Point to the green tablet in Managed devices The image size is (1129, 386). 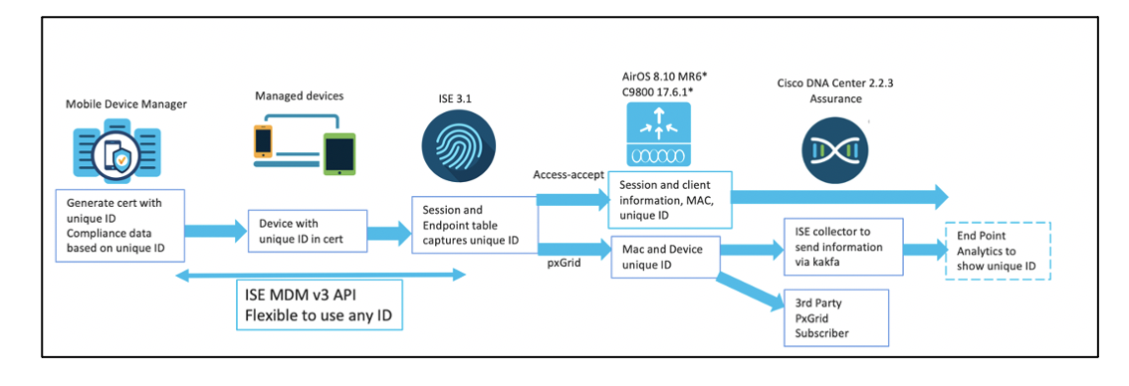(338, 154)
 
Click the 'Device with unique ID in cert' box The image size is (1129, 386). (306, 232)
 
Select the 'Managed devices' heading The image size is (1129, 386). (298, 96)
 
